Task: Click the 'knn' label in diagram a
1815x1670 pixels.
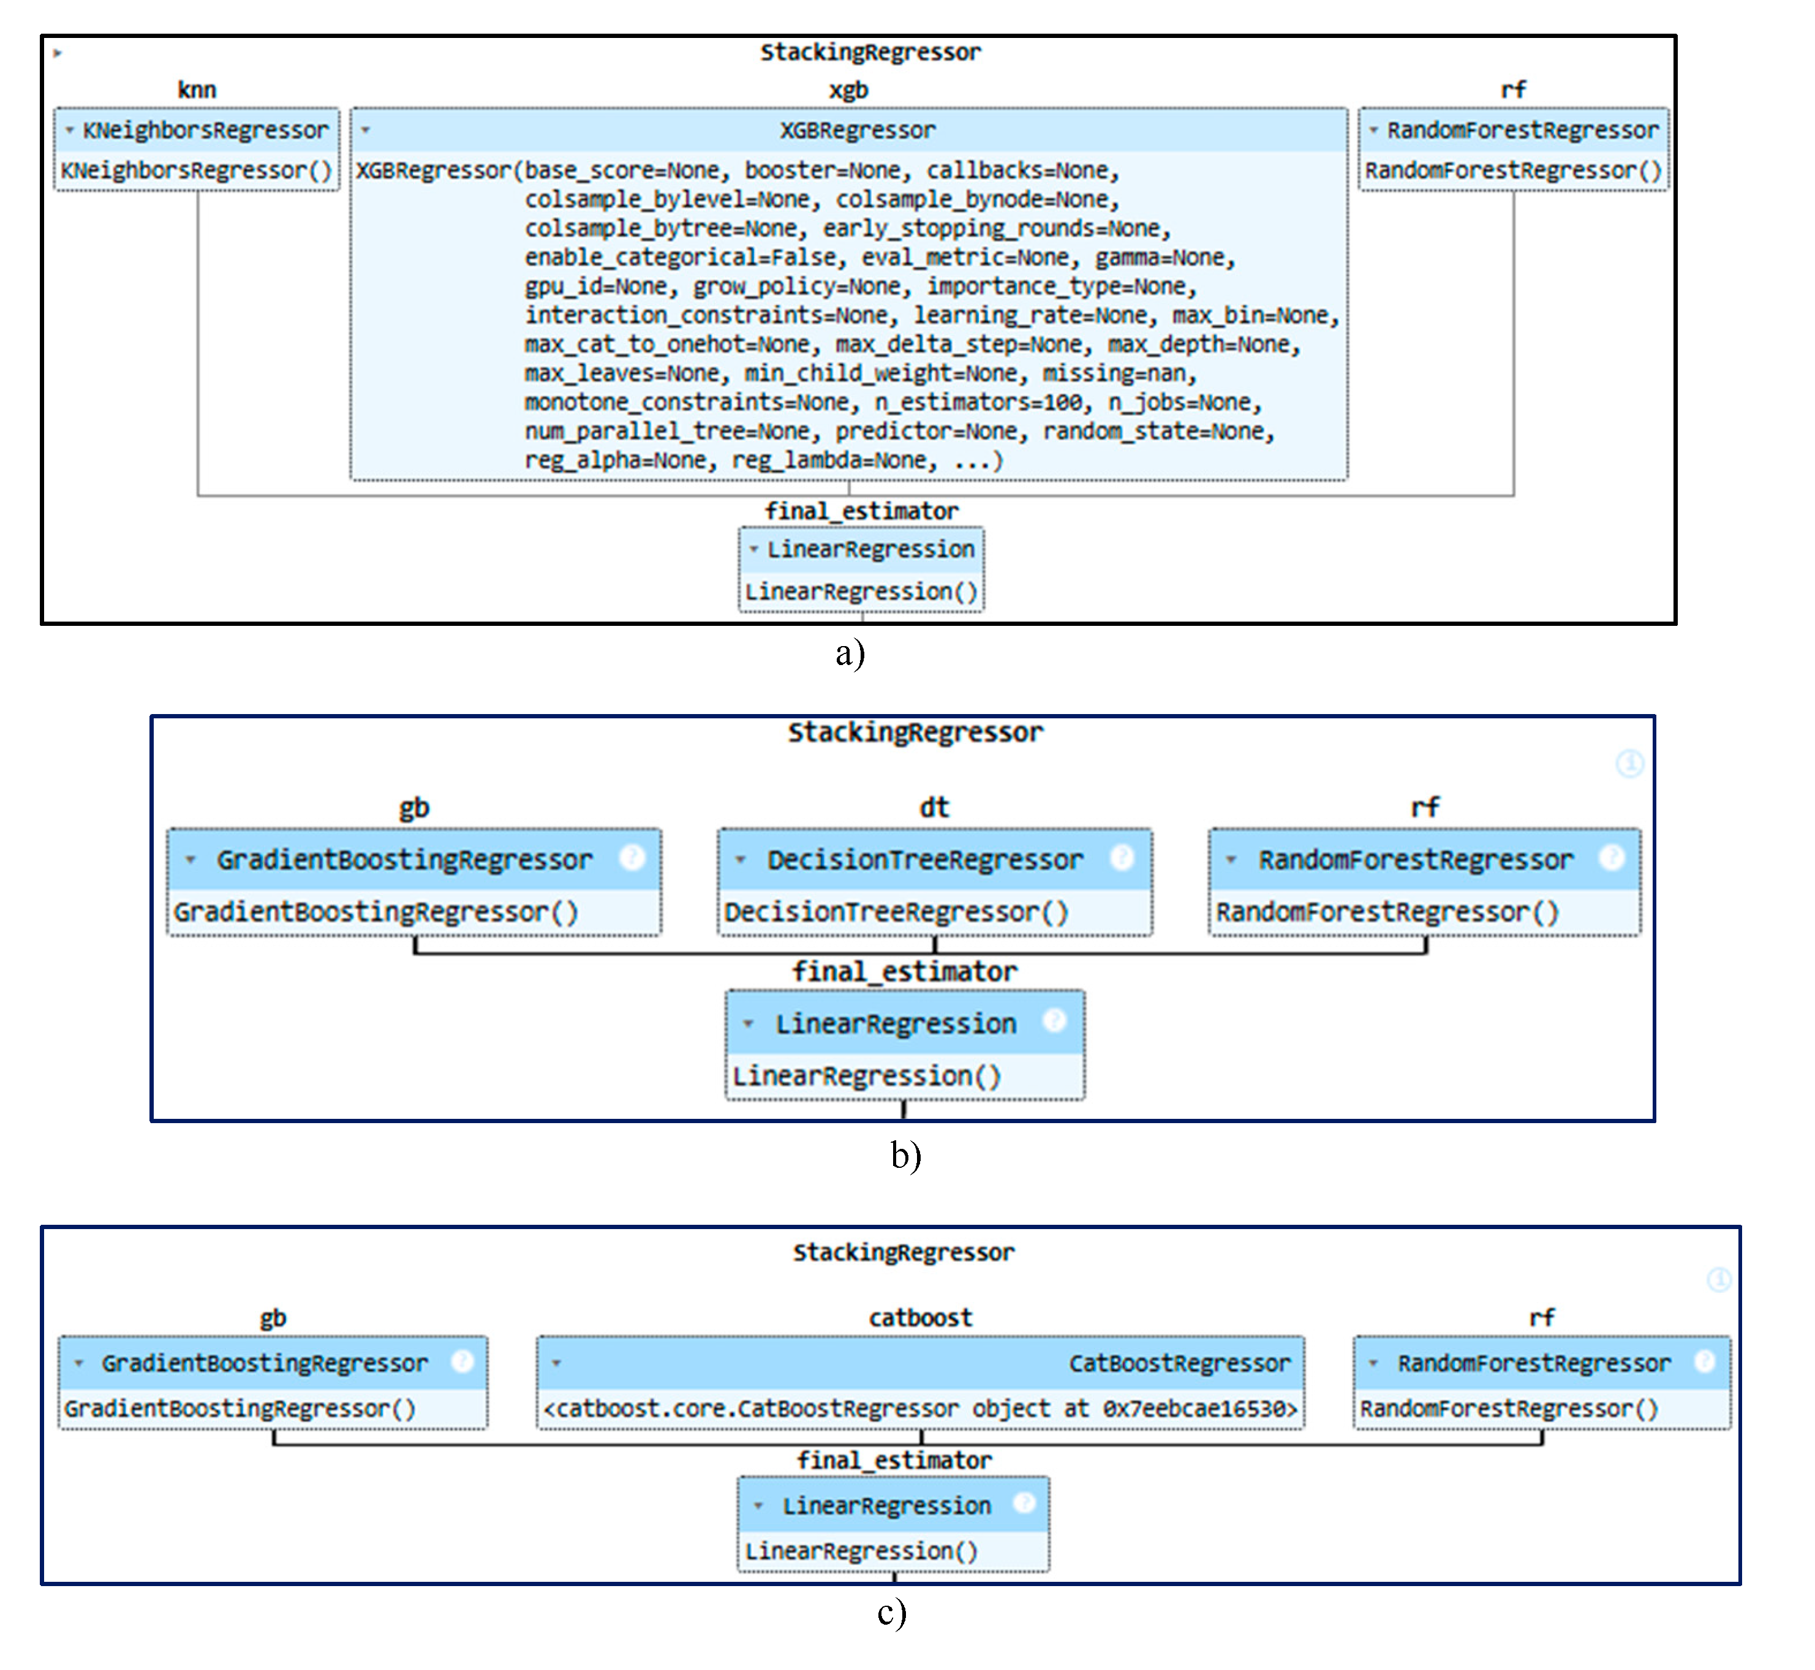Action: (x=197, y=89)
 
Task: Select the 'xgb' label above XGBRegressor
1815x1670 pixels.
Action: (x=849, y=89)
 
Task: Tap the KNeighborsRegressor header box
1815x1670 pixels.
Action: (x=197, y=130)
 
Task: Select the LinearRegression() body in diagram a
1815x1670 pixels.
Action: (x=861, y=592)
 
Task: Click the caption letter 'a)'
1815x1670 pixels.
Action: (x=850, y=652)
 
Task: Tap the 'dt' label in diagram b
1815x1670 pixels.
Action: (x=935, y=807)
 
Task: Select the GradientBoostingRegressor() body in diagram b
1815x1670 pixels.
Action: (x=376, y=912)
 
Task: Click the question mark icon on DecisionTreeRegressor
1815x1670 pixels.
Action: (x=1122, y=857)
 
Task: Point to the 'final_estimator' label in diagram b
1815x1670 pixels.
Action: (x=905, y=971)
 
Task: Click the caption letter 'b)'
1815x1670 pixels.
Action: (x=905, y=1156)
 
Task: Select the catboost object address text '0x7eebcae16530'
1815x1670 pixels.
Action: (x=1199, y=1409)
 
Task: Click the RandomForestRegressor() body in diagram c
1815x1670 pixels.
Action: (x=1509, y=1409)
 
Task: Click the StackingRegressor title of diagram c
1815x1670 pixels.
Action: (x=904, y=1252)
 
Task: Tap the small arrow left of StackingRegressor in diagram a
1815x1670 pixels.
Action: (x=58, y=53)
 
